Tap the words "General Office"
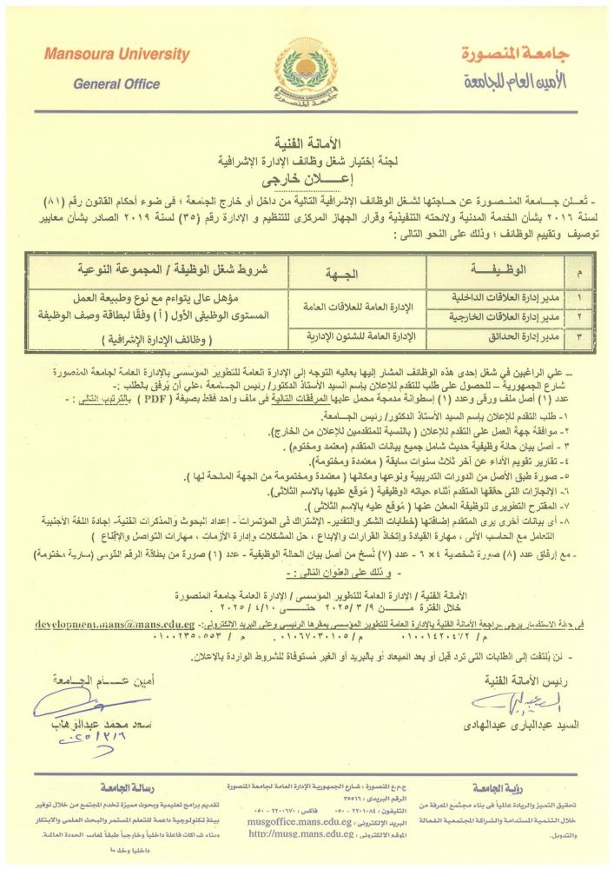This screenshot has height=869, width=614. click(116, 84)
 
